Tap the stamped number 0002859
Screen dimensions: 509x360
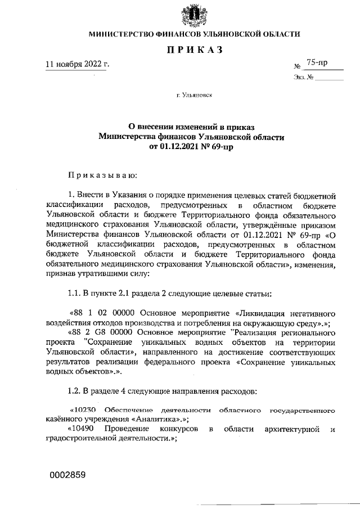coord(67,475)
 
